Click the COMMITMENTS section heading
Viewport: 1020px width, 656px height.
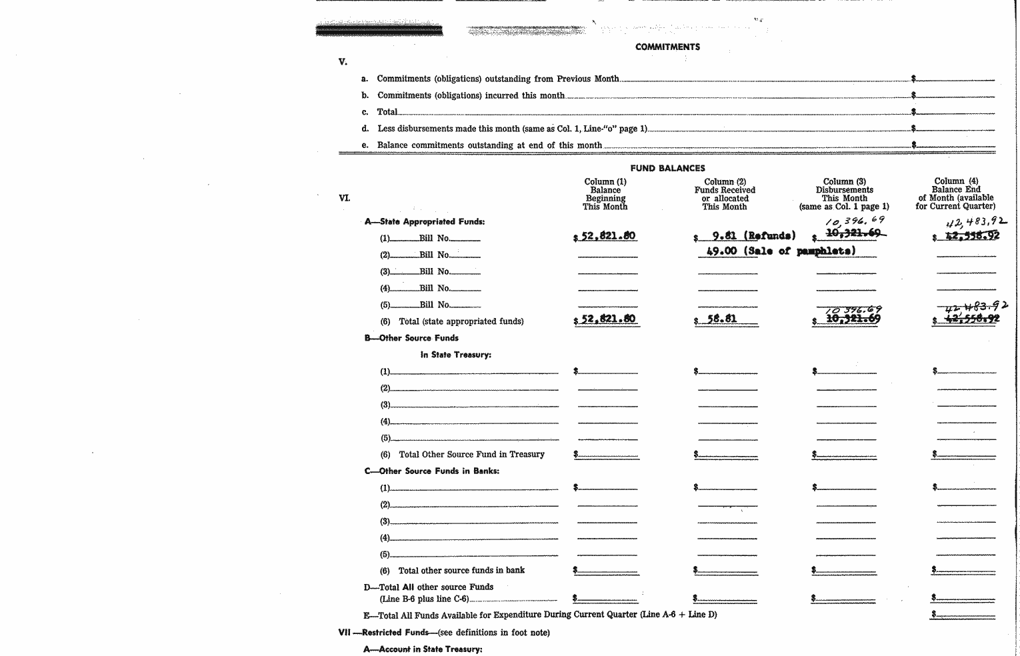point(667,47)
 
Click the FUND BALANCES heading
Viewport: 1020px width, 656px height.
point(667,168)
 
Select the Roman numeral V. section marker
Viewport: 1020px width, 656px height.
point(343,62)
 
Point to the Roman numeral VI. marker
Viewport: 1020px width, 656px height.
point(344,198)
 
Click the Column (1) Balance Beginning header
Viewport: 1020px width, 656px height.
point(605,194)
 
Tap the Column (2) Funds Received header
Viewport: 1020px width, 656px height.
point(725,194)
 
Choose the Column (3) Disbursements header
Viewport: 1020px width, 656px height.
point(844,194)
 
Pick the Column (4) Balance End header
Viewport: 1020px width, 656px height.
point(955,193)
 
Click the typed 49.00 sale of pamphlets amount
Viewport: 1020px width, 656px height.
point(721,251)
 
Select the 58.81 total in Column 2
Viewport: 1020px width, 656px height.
point(722,319)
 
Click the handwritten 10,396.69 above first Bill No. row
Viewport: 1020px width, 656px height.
point(855,221)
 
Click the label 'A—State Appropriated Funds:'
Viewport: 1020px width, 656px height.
point(425,221)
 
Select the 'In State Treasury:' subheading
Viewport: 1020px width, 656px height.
point(455,355)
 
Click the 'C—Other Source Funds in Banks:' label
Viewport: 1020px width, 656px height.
point(432,471)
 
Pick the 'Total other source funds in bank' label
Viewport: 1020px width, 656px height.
point(461,570)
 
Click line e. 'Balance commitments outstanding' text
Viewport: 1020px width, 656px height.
point(489,145)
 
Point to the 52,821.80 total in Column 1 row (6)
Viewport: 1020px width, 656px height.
point(607,319)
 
